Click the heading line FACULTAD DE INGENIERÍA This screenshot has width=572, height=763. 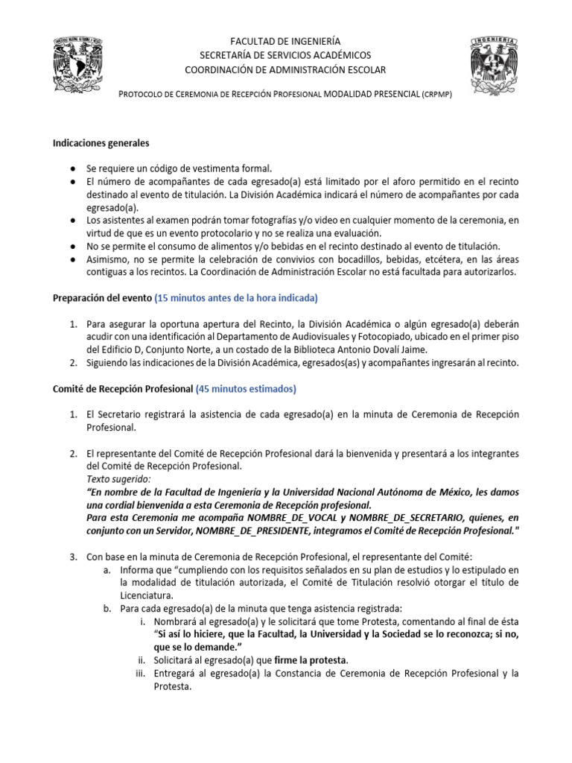pyautogui.click(x=286, y=42)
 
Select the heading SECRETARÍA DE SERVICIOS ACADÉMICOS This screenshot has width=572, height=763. pyautogui.click(x=286, y=56)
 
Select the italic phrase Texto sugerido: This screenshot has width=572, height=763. pyautogui.click(x=118, y=479)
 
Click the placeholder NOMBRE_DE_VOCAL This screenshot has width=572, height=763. pyautogui.click(x=293, y=518)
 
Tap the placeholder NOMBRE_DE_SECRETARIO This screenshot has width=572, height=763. pyautogui.click(x=406, y=518)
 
